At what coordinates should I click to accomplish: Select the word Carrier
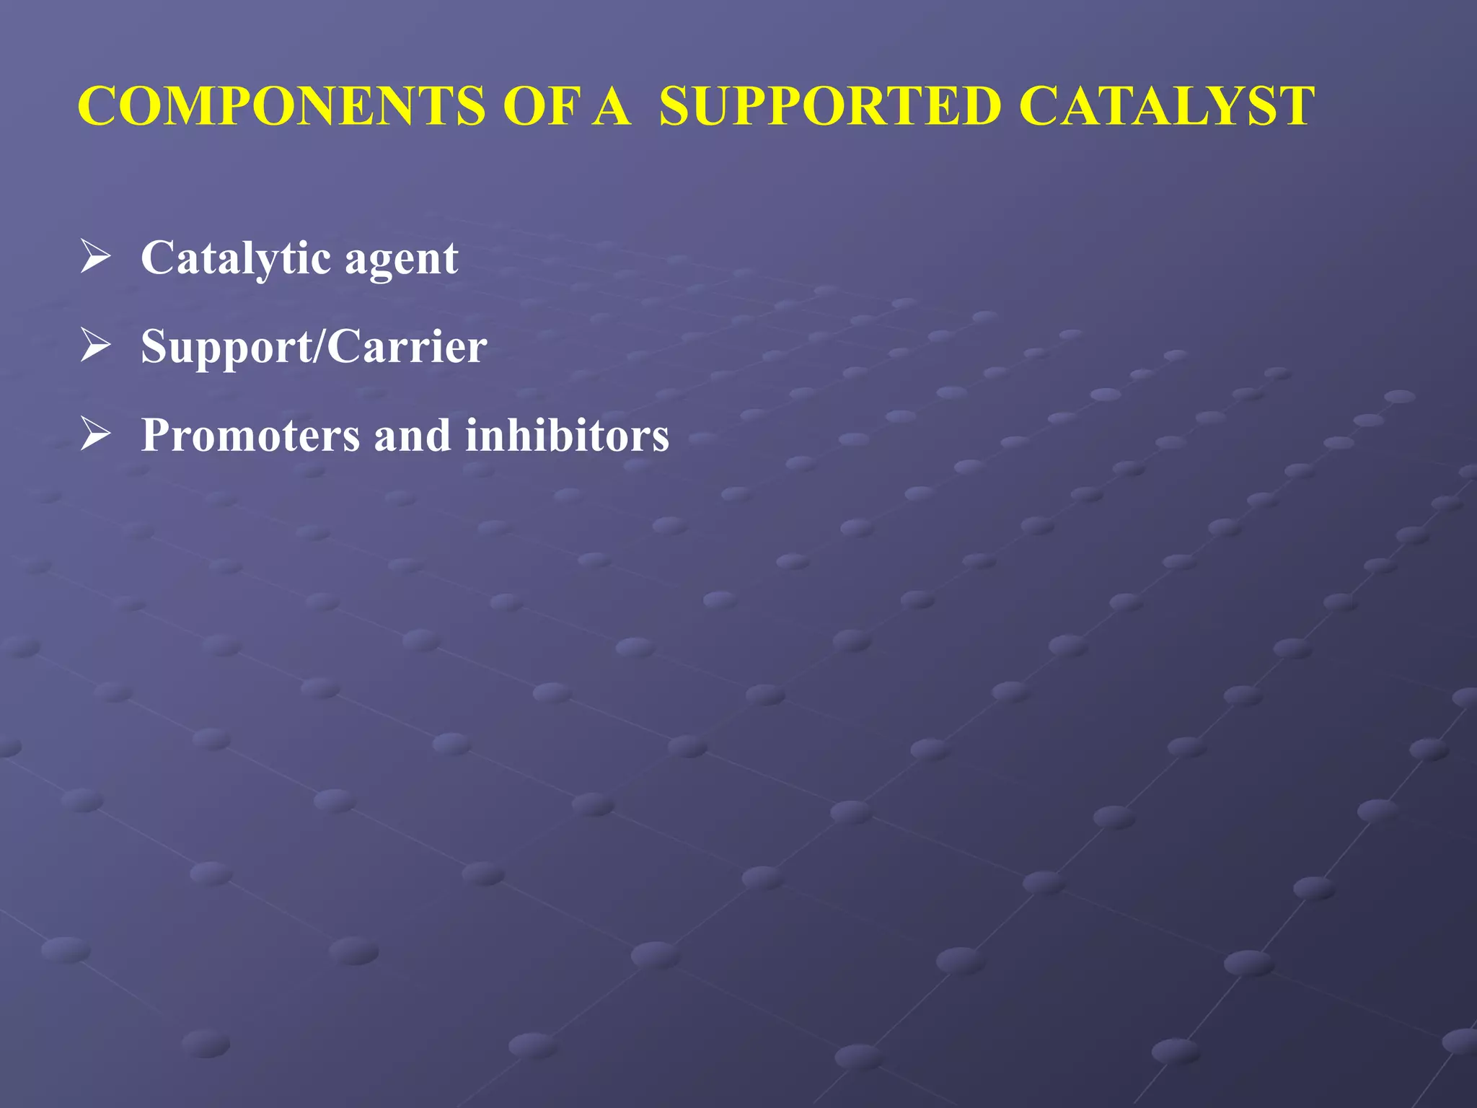coord(407,346)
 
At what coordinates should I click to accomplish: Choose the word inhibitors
coord(567,435)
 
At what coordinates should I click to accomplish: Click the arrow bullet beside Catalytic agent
coord(95,258)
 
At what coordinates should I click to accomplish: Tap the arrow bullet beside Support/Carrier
coord(95,346)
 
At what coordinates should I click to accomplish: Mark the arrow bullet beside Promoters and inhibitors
coord(95,435)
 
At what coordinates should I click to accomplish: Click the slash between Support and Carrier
coord(320,346)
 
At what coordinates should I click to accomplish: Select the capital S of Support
coord(154,346)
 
